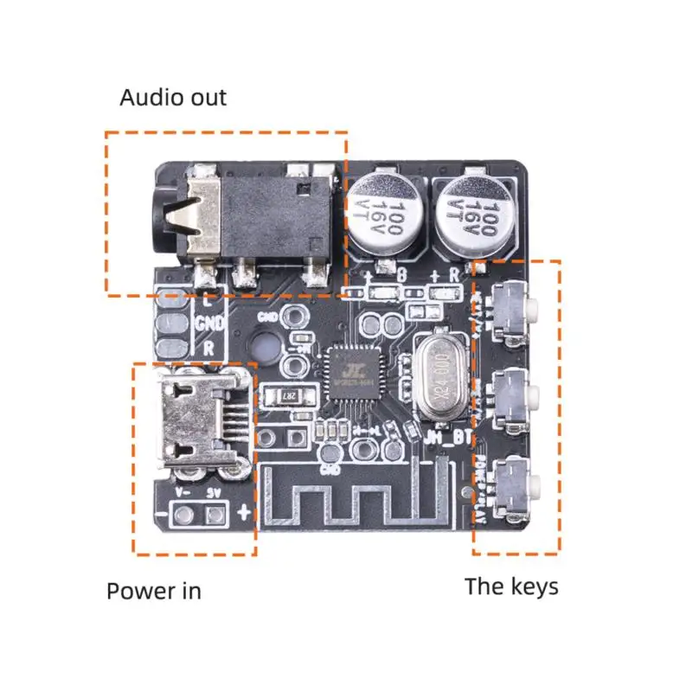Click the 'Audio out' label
point(173,97)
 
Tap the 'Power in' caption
point(153,591)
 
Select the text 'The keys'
point(511,586)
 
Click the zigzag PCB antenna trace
point(363,503)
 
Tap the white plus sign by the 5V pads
point(243,512)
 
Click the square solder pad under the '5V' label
point(213,516)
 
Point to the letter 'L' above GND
point(207,302)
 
